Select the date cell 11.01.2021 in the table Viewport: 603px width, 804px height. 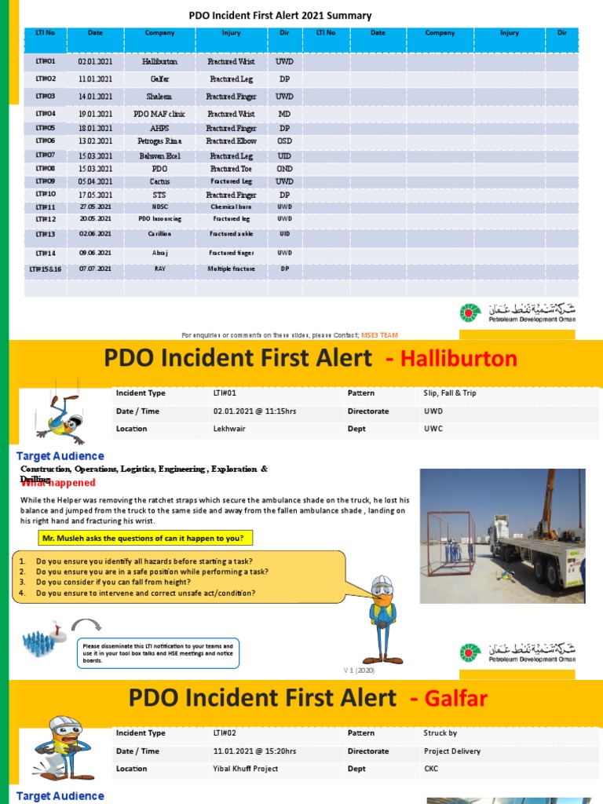point(95,79)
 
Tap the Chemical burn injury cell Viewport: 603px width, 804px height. point(229,206)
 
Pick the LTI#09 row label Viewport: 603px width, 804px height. point(46,181)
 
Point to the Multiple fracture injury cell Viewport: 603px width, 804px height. point(229,269)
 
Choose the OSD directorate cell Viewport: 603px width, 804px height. point(284,141)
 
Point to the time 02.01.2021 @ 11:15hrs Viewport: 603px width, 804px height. point(254,411)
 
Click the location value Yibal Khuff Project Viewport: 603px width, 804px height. point(246,769)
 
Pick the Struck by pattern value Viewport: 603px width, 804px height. point(440,733)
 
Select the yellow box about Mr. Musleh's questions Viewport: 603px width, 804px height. point(142,538)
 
